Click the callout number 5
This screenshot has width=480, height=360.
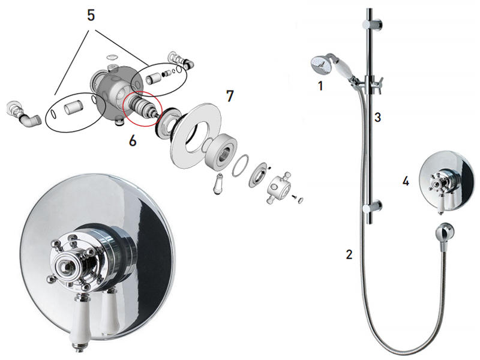91,16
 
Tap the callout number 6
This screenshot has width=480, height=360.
133,141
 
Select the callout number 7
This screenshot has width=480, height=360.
230,96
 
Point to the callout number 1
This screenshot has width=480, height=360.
320,86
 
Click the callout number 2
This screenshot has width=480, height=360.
349,254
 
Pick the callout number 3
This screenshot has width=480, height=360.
378,117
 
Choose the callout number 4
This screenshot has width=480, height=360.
406,181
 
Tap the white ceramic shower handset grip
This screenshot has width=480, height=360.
344,68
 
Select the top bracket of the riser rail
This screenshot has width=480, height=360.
371,25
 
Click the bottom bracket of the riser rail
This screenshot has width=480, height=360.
371,207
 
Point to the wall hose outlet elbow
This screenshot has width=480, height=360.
445,232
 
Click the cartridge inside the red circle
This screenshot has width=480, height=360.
142,107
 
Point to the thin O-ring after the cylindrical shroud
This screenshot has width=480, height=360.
241,166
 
